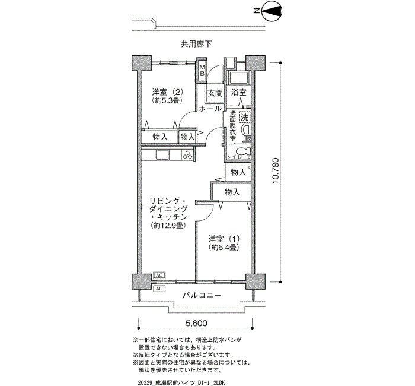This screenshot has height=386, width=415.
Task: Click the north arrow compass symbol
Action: click(x=272, y=11)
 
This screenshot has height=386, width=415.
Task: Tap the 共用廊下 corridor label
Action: click(x=196, y=44)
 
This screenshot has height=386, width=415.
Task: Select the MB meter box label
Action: click(x=202, y=71)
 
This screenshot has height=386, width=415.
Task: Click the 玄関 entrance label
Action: click(x=215, y=93)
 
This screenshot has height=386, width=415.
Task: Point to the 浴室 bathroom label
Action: click(x=238, y=92)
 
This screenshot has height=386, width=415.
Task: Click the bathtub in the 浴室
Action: click(x=238, y=78)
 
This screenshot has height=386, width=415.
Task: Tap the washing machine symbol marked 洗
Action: click(x=244, y=117)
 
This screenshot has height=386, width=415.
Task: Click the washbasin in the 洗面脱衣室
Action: click(x=246, y=131)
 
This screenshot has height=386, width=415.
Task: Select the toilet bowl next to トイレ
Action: click(x=243, y=151)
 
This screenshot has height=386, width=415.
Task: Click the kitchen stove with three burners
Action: click(x=188, y=155)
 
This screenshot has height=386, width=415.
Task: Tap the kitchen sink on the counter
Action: click(x=162, y=155)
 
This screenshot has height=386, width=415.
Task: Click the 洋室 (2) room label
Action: click(x=168, y=92)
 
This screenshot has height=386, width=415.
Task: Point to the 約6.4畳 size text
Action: click(x=224, y=248)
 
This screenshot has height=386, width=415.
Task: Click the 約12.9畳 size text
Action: click(x=168, y=226)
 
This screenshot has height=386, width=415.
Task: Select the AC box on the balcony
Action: click(x=159, y=289)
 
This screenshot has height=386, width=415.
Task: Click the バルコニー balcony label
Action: click(x=202, y=295)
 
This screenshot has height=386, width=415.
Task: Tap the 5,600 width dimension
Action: click(x=196, y=323)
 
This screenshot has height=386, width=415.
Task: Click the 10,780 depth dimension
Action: click(x=275, y=171)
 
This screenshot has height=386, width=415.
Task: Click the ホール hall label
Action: click(x=210, y=109)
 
